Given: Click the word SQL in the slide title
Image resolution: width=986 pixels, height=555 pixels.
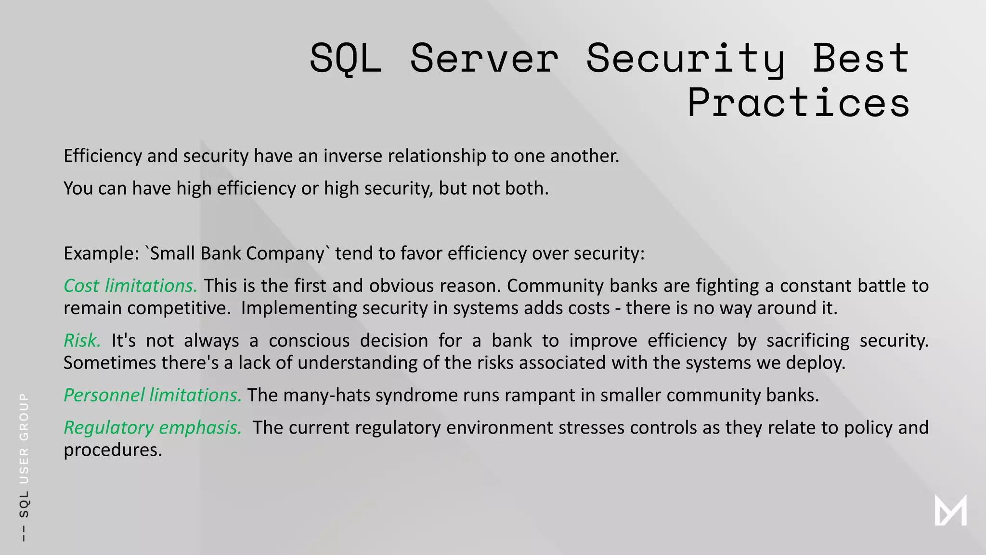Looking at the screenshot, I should click(346, 58).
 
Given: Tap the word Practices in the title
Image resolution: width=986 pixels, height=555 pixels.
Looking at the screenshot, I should click(798, 103).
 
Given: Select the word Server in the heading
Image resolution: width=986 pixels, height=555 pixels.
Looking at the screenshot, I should click(484, 58).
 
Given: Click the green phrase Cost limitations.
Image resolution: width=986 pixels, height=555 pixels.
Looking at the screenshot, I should click(130, 286).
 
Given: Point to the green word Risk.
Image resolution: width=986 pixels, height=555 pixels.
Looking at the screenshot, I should click(82, 341).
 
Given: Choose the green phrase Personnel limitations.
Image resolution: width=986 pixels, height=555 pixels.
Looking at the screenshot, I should click(152, 395).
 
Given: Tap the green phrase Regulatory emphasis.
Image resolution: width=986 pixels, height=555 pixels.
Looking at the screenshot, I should click(153, 427).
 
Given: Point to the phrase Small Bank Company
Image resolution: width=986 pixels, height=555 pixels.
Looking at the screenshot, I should click(237, 253).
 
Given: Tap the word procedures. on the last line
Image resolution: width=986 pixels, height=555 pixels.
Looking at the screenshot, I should click(113, 450).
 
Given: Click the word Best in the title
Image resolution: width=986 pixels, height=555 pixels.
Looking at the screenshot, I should click(861, 58).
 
